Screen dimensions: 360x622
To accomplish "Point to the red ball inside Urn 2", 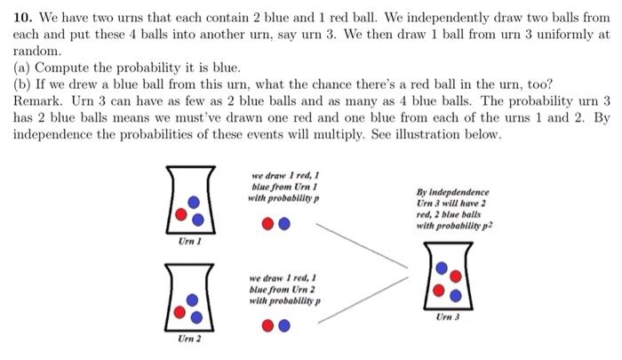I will (x=182, y=312).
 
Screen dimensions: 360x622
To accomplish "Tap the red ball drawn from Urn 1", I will (x=268, y=224).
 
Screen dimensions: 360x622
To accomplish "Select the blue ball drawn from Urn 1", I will (x=283, y=224).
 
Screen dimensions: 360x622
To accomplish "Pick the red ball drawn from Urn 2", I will (x=268, y=325).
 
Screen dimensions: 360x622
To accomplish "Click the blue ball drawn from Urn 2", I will (x=283, y=325).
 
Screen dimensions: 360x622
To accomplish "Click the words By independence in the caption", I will (x=451, y=192).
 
